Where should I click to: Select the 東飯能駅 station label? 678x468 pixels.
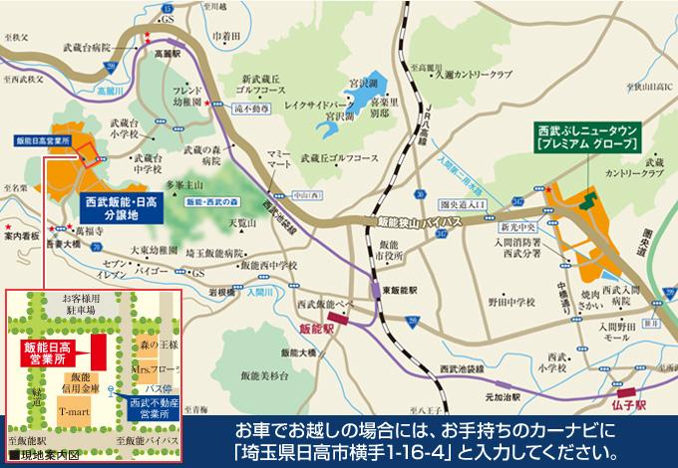(400, 291)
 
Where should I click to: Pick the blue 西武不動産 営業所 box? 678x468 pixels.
(152, 407)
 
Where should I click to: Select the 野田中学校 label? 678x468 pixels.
(509, 299)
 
